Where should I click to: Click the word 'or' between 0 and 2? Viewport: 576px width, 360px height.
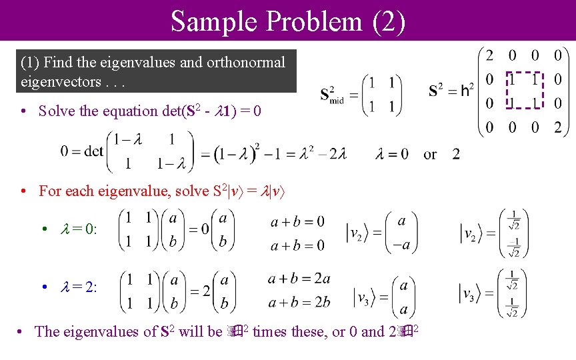(x=430, y=155)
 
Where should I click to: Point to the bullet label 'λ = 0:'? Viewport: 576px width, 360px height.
(x=79, y=229)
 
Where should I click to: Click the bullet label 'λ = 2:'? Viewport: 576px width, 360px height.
(x=79, y=287)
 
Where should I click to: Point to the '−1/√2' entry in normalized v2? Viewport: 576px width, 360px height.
(x=512, y=246)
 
